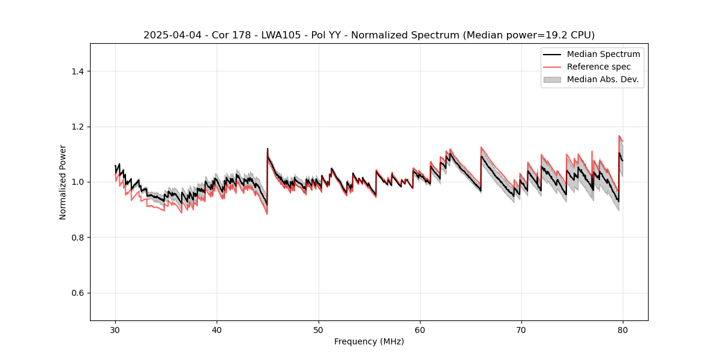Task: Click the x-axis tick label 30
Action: point(116,330)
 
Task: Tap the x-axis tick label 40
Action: point(217,330)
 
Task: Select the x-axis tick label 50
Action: point(319,330)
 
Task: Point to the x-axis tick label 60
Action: point(420,330)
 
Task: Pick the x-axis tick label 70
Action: point(521,330)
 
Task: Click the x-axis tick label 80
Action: point(623,330)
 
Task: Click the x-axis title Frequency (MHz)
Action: point(369,341)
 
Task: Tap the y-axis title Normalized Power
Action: point(63,182)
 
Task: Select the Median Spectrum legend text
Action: point(603,54)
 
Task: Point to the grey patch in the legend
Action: point(552,79)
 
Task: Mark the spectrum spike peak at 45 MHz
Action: point(268,148)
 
